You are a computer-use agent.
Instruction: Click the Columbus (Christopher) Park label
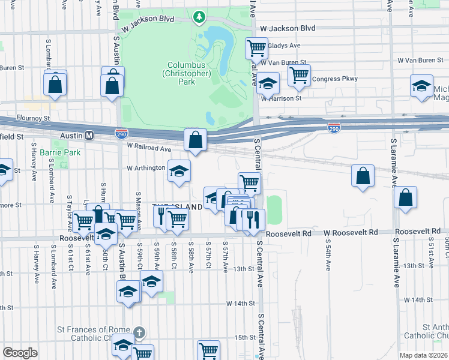point(189,73)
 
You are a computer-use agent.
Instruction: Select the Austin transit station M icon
point(88,136)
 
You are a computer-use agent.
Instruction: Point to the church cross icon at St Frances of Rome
point(139,332)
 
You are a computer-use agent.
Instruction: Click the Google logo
point(20,353)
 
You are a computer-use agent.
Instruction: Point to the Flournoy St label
point(33,118)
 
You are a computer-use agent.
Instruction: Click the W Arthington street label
point(145,168)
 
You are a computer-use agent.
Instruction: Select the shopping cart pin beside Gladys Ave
point(257,47)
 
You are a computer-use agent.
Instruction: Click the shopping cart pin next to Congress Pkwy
point(299,75)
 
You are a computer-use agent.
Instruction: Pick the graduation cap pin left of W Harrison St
point(268,83)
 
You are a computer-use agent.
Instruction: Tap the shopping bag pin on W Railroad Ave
point(196,140)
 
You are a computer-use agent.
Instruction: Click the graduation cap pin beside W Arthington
point(179,171)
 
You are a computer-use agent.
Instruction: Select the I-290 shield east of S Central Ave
point(335,128)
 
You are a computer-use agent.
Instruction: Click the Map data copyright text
point(423,355)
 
